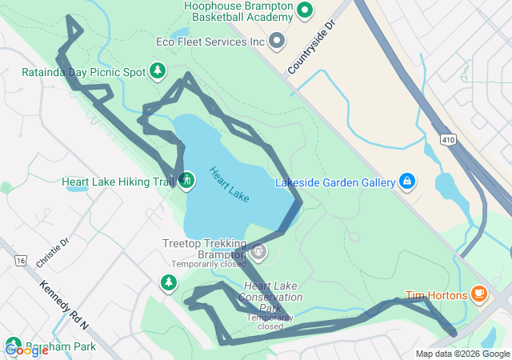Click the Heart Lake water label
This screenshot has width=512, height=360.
click(229, 184)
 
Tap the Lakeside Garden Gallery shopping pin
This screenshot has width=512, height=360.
click(406, 182)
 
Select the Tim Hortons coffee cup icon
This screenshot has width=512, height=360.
click(479, 294)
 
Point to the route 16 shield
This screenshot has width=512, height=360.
click(20, 261)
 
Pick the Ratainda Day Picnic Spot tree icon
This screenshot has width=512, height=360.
click(158, 72)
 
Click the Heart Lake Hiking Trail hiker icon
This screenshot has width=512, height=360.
click(186, 181)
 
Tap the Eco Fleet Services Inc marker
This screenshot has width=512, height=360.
click(277, 40)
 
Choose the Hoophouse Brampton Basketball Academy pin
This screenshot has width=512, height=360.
click(304, 11)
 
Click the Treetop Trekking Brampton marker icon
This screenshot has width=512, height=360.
click(258, 253)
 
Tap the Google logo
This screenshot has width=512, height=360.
click(26, 350)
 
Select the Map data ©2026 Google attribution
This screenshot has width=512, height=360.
click(462, 354)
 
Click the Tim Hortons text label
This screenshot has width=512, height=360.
click(437, 294)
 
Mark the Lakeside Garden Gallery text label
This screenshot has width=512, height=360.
click(335, 182)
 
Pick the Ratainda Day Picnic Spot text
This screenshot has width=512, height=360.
click(83, 72)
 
